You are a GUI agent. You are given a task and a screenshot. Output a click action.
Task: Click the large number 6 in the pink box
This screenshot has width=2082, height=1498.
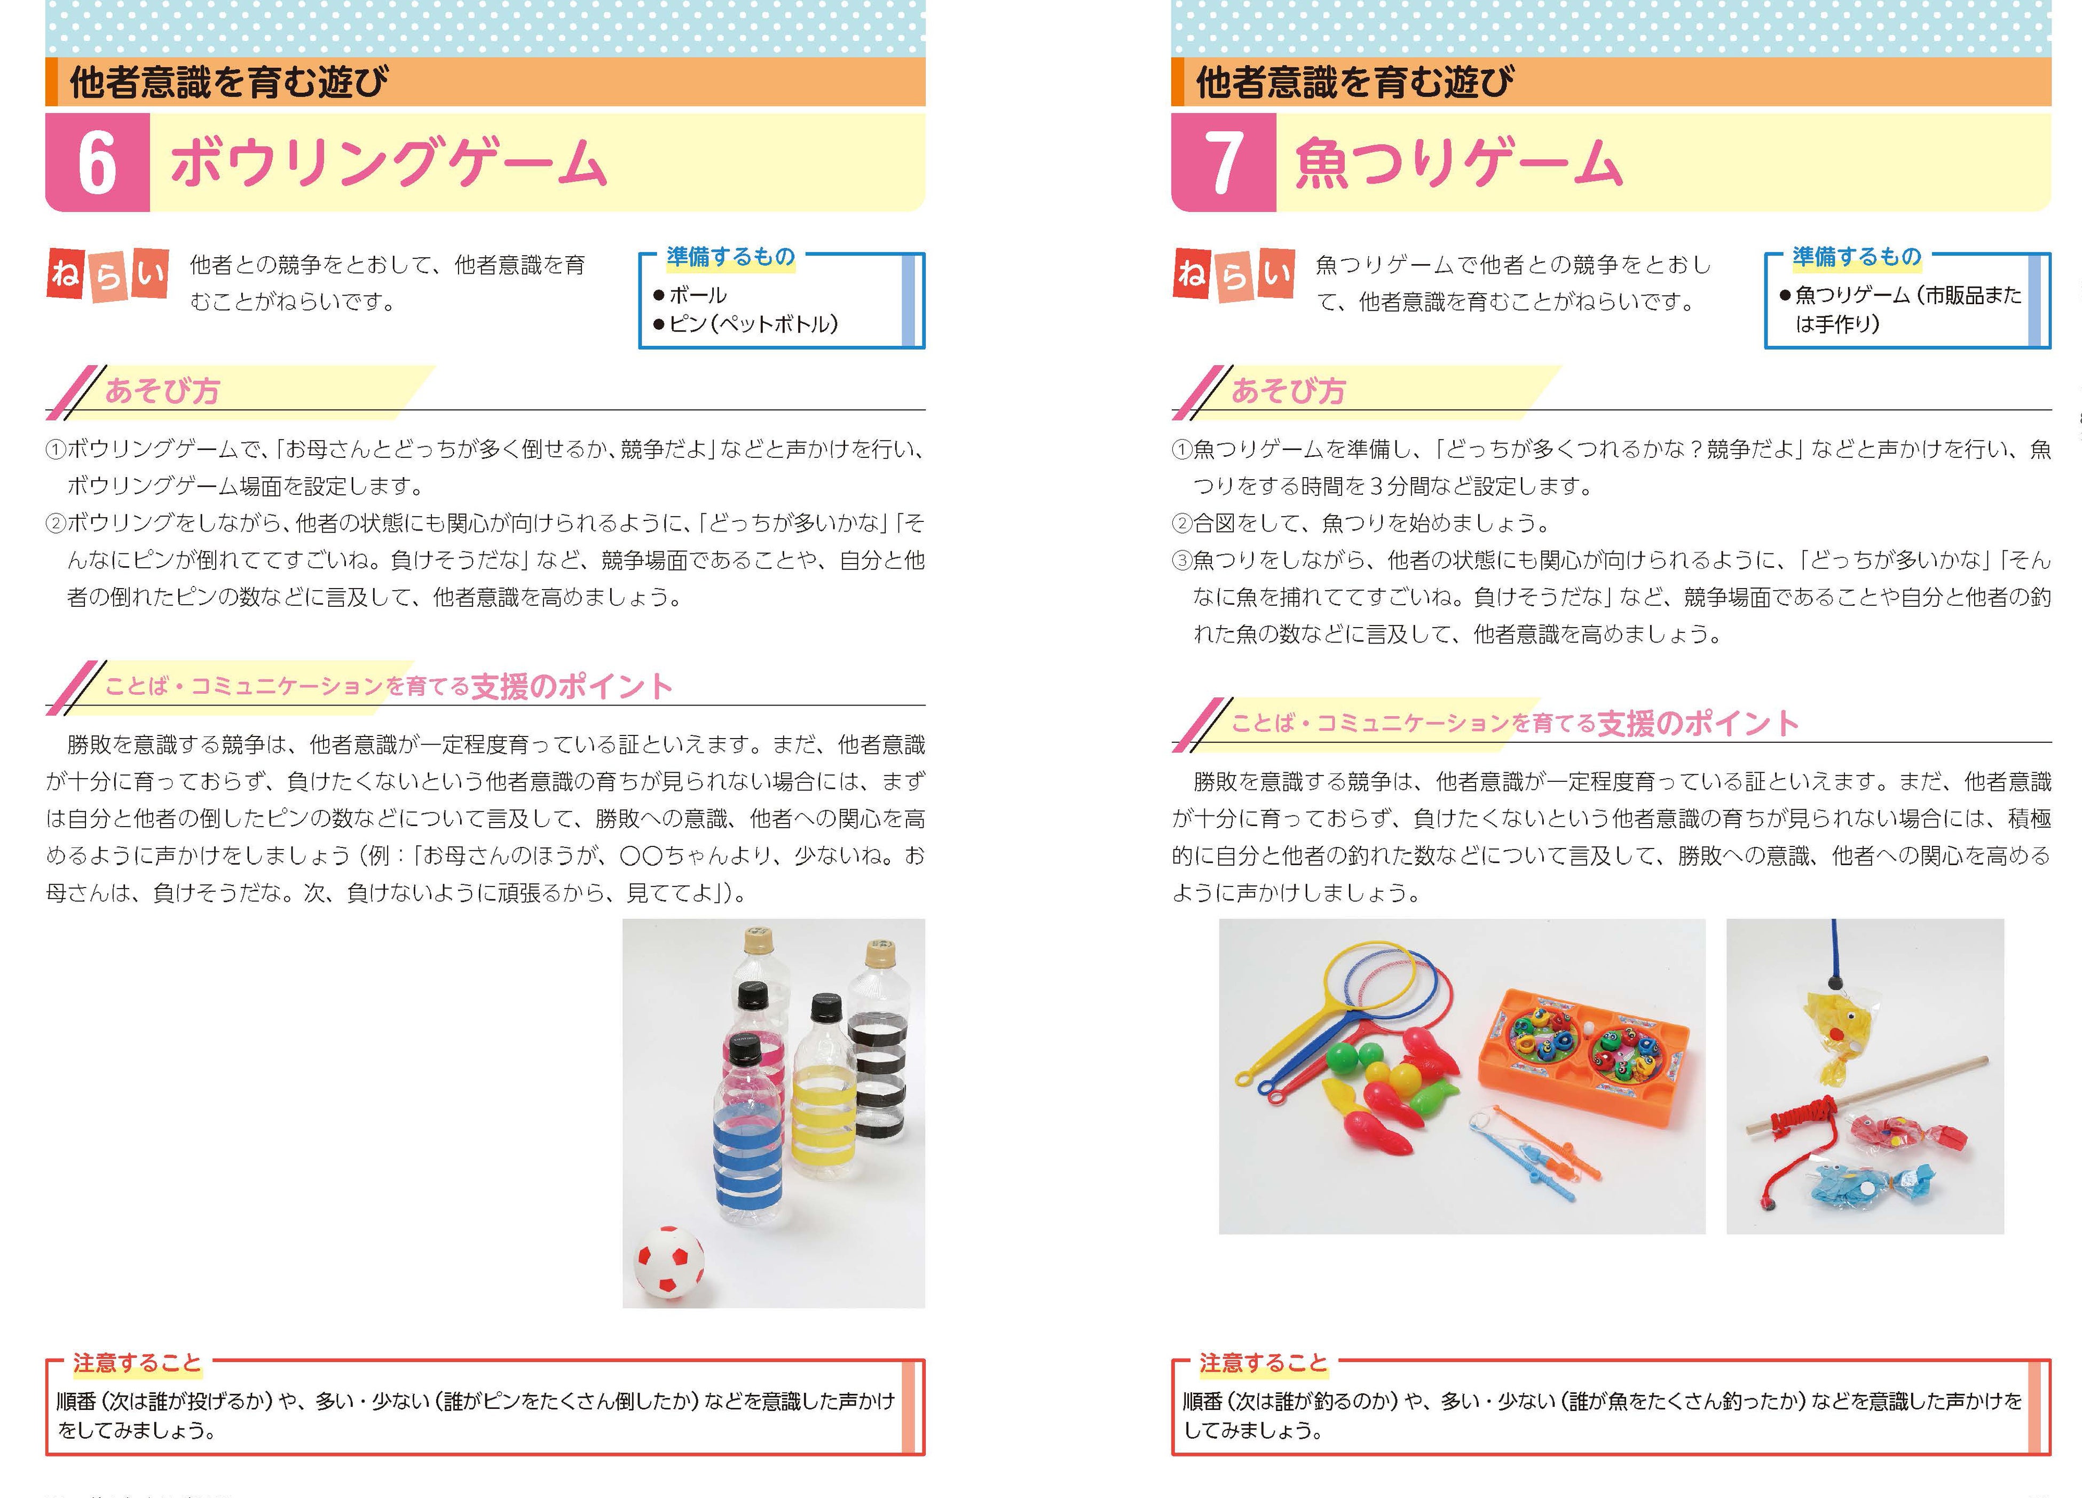[x=97, y=162]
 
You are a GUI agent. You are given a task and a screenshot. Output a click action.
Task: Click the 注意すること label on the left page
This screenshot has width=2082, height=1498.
[x=137, y=1363]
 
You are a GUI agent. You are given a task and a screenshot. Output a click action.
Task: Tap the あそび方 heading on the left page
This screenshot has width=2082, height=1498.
[x=162, y=391]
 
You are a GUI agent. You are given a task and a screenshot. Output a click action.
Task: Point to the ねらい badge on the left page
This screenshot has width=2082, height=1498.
[x=107, y=274]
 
